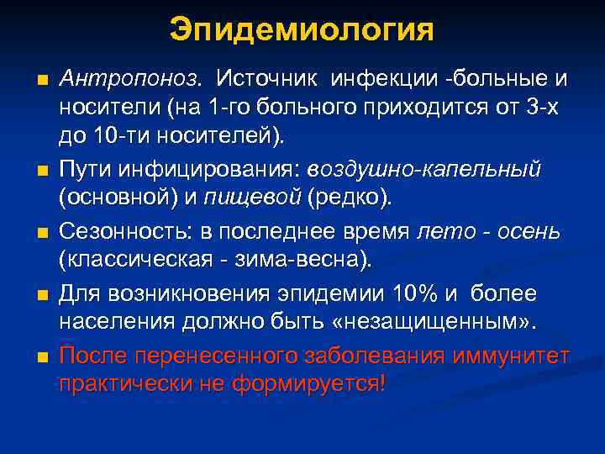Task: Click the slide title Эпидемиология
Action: pos(302,30)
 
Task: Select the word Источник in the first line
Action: pos(269,79)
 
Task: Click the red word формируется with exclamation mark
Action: pos(316,384)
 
